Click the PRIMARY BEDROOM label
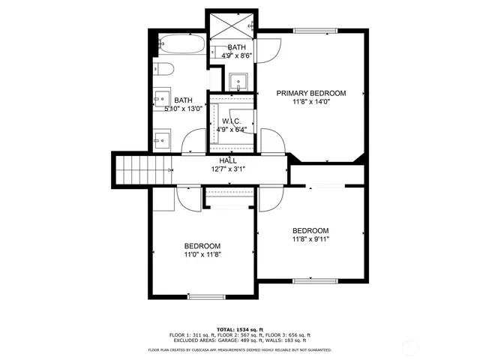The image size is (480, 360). click(311, 93)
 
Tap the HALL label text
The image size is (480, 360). click(228, 160)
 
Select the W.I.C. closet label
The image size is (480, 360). click(232, 121)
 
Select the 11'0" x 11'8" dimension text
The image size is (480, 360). click(202, 255)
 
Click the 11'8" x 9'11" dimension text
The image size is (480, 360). click(310, 239)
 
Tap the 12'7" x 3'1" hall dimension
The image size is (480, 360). click(228, 169)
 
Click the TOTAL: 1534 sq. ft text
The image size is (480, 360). click(239, 329)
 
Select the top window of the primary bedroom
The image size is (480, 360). click(315, 30)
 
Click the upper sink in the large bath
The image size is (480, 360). click(160, 97)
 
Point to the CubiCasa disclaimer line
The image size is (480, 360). click(239, 350)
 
